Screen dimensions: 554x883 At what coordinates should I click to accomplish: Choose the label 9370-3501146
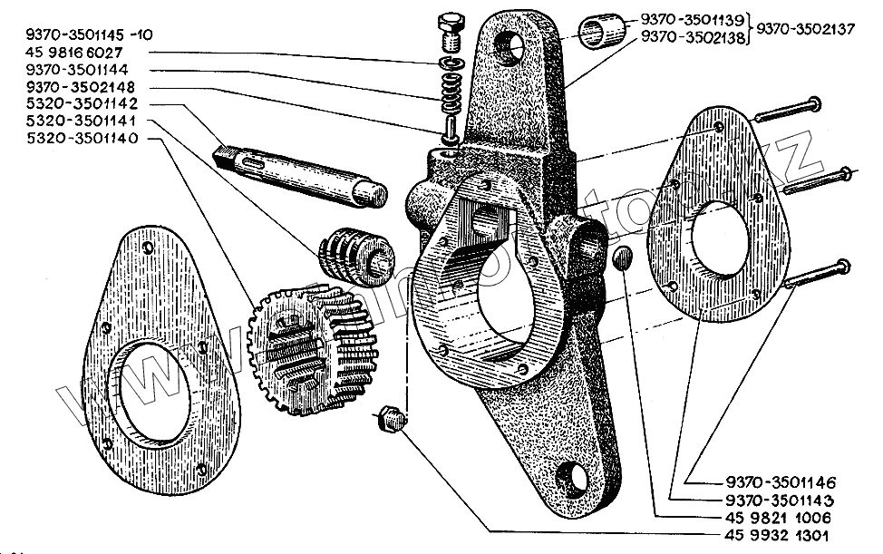(781, 481)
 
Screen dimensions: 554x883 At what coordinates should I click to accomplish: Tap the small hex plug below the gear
(392, 420)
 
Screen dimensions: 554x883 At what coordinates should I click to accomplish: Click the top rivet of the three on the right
(785, 110)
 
